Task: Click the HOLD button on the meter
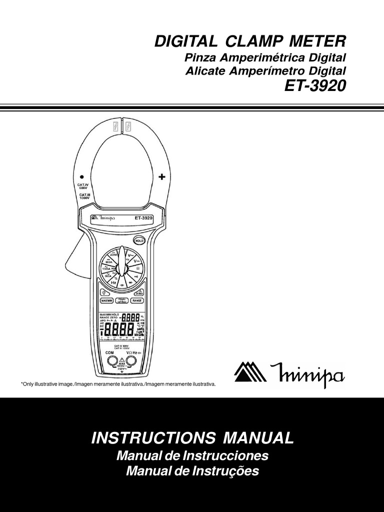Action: coord(139,240)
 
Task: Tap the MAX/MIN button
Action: coord(107,300)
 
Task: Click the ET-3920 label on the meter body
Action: coord(143,217)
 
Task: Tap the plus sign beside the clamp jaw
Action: coord(161,176)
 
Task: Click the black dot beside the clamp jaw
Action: coord(81,177)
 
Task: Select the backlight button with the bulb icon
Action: coord(104,292)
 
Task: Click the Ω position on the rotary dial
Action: coord(138,268)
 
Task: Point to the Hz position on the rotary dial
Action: coord(113,282)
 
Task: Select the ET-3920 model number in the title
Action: coord(315,86)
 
